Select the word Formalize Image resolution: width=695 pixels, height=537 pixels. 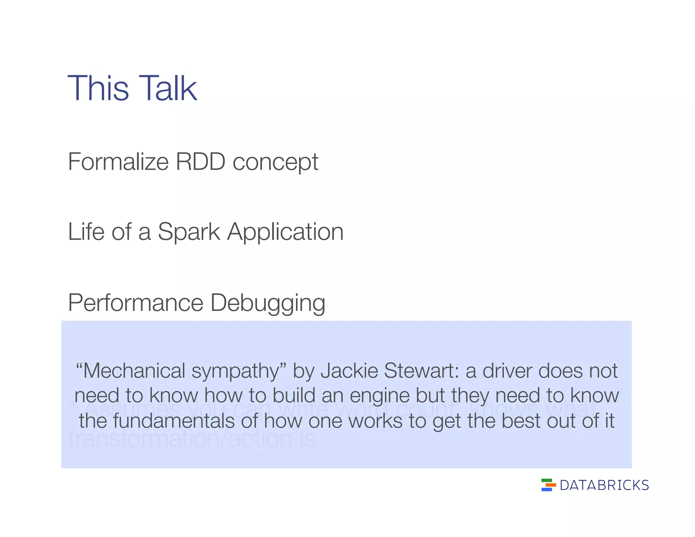[x=118, y=162]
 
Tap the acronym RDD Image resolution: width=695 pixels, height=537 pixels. [x=200, y=162]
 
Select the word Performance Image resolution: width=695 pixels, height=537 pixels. [x=135, y=302]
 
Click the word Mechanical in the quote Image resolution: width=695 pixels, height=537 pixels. [x=134, y=370]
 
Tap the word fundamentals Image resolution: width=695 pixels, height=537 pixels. [x=173, y=421]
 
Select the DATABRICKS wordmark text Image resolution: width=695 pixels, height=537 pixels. [x=604, y=485]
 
